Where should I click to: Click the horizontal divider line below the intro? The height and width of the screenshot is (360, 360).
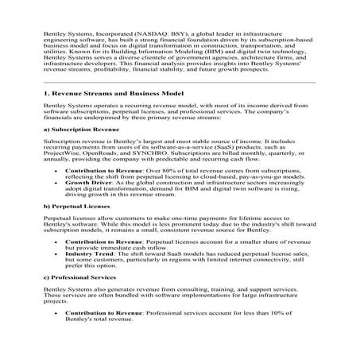(x=180, y=82)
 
